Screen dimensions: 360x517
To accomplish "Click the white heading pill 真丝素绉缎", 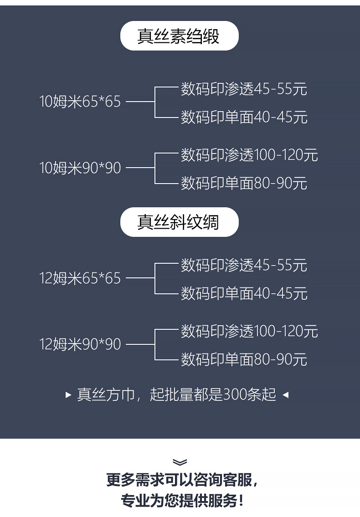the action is [179, 36].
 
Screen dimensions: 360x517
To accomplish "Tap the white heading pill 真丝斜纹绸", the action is [179, 222].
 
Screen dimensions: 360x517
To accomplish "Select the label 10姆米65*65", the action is [80, 102].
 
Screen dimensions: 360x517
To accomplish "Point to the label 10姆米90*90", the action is [80, 169].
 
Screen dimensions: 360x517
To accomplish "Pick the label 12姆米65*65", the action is [80, 278].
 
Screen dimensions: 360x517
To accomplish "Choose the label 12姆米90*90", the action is [80, 344].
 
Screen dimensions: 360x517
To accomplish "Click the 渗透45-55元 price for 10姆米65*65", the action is [244, 88].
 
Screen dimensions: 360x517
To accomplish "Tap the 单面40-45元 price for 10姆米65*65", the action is [244, 117].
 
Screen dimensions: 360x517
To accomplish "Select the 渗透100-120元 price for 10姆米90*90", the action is [249, 155].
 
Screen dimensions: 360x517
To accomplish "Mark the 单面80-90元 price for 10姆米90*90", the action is [244, 184].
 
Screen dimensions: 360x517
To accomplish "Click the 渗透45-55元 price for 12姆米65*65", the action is [244, 265].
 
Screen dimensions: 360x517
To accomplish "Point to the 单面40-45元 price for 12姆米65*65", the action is [244, 293].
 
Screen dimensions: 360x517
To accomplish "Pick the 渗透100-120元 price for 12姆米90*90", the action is [249, 331].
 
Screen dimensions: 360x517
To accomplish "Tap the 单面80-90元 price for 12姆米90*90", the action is [244, 360].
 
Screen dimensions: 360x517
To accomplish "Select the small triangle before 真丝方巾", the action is [68, 395].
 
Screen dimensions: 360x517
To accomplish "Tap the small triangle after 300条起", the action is [286, 395].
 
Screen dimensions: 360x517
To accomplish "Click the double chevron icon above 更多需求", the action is [180, 462].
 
